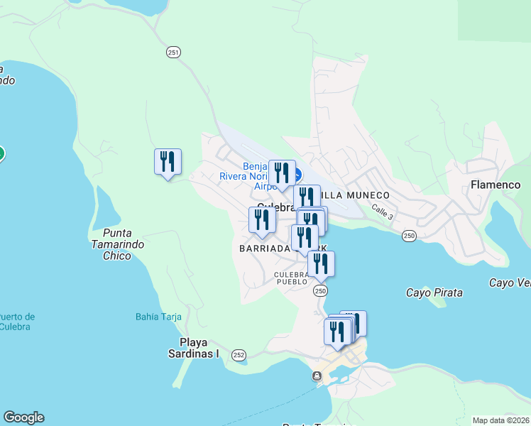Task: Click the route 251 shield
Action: [174, 52]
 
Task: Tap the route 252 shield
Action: [239, 354]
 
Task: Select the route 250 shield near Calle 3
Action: [409, 236]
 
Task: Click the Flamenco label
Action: [496, 185]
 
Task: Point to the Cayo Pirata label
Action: [434, 293]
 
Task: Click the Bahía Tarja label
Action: [158, 317]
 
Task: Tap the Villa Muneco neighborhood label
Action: [355, 195]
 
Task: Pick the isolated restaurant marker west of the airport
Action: [168, 162]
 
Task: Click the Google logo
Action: [23, 417]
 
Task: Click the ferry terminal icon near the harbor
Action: [317, 376]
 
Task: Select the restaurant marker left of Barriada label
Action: [262, 220]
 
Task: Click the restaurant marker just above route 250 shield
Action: [321, 263]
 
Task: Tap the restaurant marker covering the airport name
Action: [282, 173]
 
